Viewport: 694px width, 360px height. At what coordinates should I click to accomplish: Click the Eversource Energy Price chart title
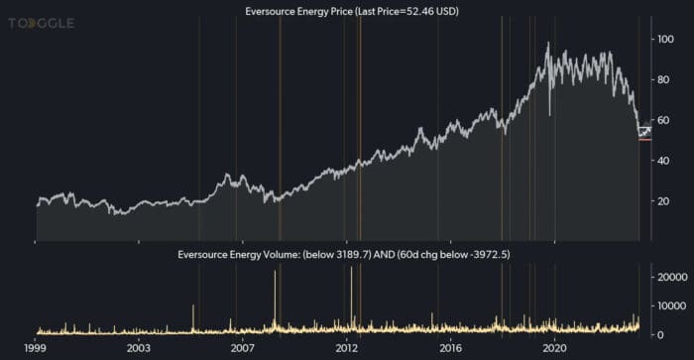[344, 11]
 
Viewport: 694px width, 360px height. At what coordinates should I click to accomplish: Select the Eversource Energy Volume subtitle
[344, 255]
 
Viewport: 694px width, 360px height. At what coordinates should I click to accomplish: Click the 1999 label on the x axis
[37, 349]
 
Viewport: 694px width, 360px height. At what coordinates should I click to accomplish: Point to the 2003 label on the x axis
[140, 349]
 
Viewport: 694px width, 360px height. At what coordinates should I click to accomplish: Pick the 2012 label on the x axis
[347, 349]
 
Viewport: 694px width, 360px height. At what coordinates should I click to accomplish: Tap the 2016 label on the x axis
[451, 349]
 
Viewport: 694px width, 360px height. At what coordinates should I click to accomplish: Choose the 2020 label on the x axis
[555, 349]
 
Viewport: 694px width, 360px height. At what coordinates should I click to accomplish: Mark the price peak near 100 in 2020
[548, 44]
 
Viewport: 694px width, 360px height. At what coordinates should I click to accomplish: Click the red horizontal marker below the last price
[644, 140]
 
